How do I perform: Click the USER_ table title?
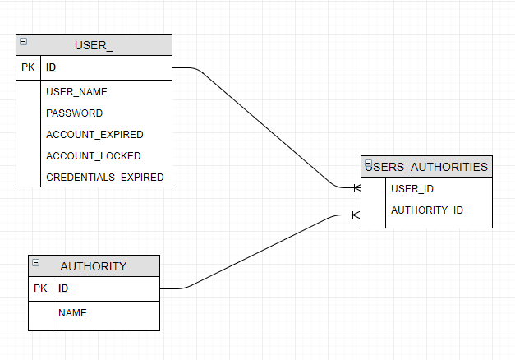pos(94,45)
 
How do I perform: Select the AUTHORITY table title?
pos(94,266)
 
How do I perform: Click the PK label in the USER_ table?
pos(28,67)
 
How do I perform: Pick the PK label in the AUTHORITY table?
pos(40,288)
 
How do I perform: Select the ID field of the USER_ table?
pos(51,67)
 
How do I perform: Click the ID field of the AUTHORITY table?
pos(63,288)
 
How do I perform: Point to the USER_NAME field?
pos(76,92)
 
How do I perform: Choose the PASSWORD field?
pos(74,113)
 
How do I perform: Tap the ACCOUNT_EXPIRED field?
pos(94,135)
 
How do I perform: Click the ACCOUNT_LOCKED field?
pos(93,156)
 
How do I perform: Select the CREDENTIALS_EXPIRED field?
pos(104,178)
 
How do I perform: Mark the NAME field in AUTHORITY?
pos(72,313)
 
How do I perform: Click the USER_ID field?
pos(412,189)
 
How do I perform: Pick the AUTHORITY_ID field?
pos(427,210)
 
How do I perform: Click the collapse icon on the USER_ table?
pos(23,41)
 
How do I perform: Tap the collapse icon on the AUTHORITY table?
pos(35,262)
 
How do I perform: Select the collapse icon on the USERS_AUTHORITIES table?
pos(369,164)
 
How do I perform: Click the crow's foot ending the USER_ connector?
pos(356,188)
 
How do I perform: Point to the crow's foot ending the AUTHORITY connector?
pos(356,215)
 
